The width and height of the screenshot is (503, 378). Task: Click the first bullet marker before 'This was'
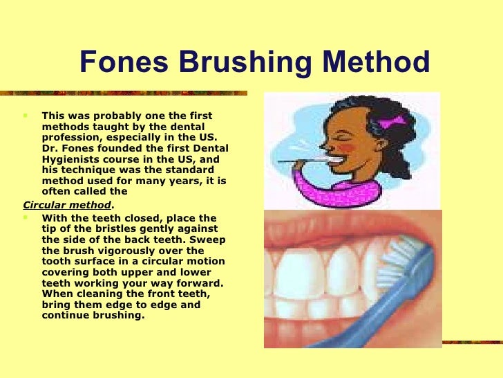point(26,116)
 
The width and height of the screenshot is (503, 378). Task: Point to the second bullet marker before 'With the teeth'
point(26,217)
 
